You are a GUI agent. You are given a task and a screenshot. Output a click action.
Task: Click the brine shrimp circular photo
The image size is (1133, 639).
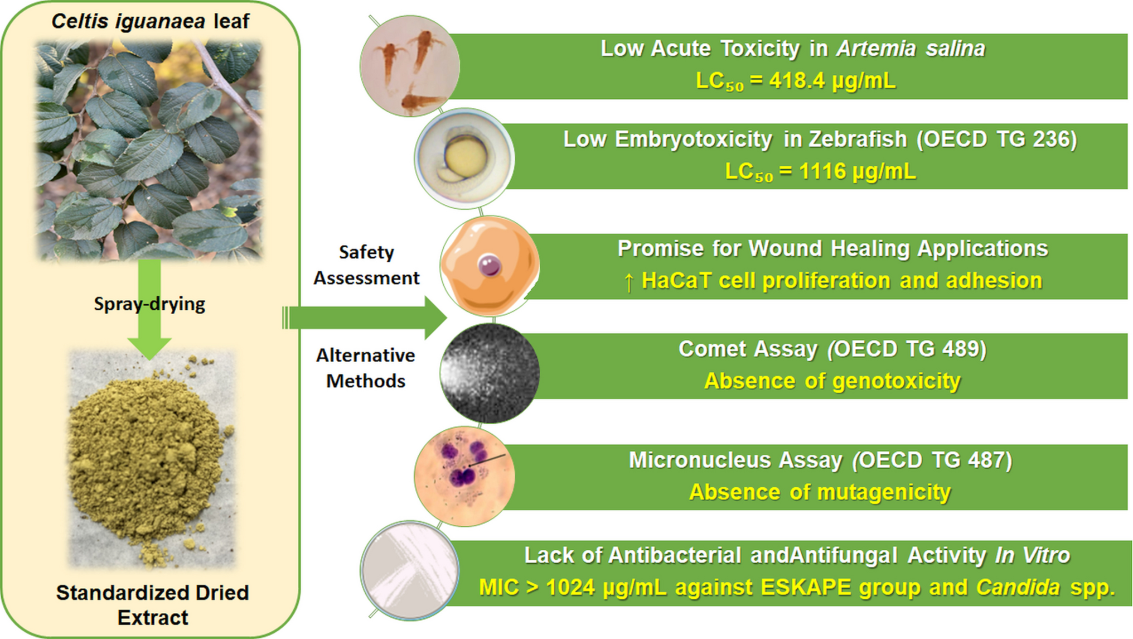click(x=410, y=66)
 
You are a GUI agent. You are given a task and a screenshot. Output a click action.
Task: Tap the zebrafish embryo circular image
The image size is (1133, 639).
click(x=464, y=158)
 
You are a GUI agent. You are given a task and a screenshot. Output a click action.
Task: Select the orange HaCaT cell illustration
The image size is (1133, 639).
click(x=490, y=266)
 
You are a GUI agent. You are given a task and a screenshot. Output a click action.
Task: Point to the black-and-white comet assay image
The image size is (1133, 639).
click(x=490, y=372)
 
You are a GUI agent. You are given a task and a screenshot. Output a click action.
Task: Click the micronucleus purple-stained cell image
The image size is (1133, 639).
click(x=464, y=476)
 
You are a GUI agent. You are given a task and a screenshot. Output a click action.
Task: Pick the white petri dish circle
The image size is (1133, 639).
click(x=410, y=570)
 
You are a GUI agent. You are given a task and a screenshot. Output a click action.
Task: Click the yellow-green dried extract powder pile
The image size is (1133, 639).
click(x=151, y=458)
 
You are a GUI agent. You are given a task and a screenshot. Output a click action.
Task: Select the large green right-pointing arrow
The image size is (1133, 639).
click(x=368, y=318)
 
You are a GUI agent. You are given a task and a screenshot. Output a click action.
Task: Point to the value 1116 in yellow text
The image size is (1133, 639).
click(x=822, y=171)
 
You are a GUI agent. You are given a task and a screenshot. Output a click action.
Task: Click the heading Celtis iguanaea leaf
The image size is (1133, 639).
click(x=151, y=21)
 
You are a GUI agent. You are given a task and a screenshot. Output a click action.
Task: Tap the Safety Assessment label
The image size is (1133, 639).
click(x=366, y=265)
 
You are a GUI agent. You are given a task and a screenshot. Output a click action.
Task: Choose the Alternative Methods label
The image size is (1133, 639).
click(x=366, y=368)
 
